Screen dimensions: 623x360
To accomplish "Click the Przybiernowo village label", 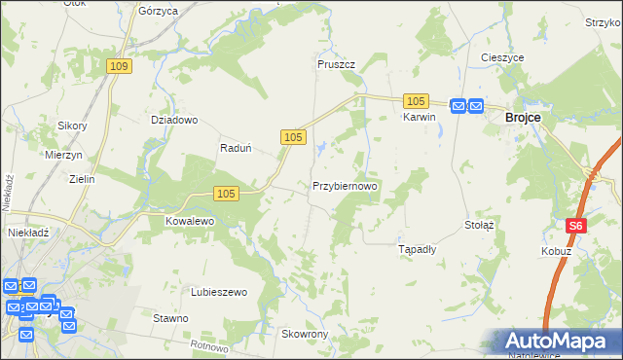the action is (x=345, y=185).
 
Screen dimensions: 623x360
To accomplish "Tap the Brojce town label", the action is (x=524, y=117).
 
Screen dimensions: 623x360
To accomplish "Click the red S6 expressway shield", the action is (x=576, y=226).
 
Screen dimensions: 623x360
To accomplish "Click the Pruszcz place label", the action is (x=336, y=64).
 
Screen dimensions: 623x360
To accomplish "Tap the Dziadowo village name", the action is (x=174, y=121).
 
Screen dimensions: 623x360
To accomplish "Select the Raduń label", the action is (x=237, y=149).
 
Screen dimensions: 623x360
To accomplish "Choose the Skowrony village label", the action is (x=305, y=334).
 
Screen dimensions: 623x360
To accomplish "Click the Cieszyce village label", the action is (x=502, y=57).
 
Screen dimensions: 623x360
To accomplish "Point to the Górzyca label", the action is (x=158, y=11).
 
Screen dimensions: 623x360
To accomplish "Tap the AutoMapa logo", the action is (x=563, y=342).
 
